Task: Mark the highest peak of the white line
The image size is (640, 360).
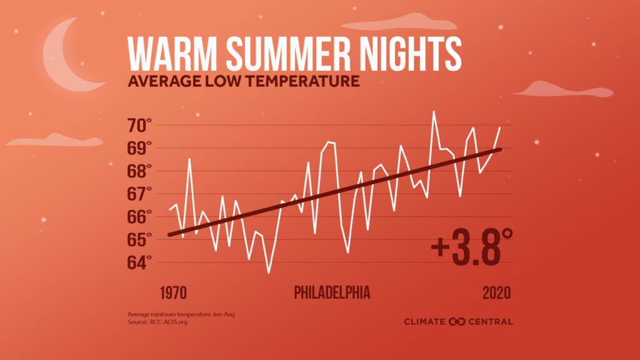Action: tap(434, 112)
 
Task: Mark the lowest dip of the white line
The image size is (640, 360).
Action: tap(269, 272)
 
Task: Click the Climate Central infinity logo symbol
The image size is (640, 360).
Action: tap(457, 321)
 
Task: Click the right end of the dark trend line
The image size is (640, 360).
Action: tap(500, 149)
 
